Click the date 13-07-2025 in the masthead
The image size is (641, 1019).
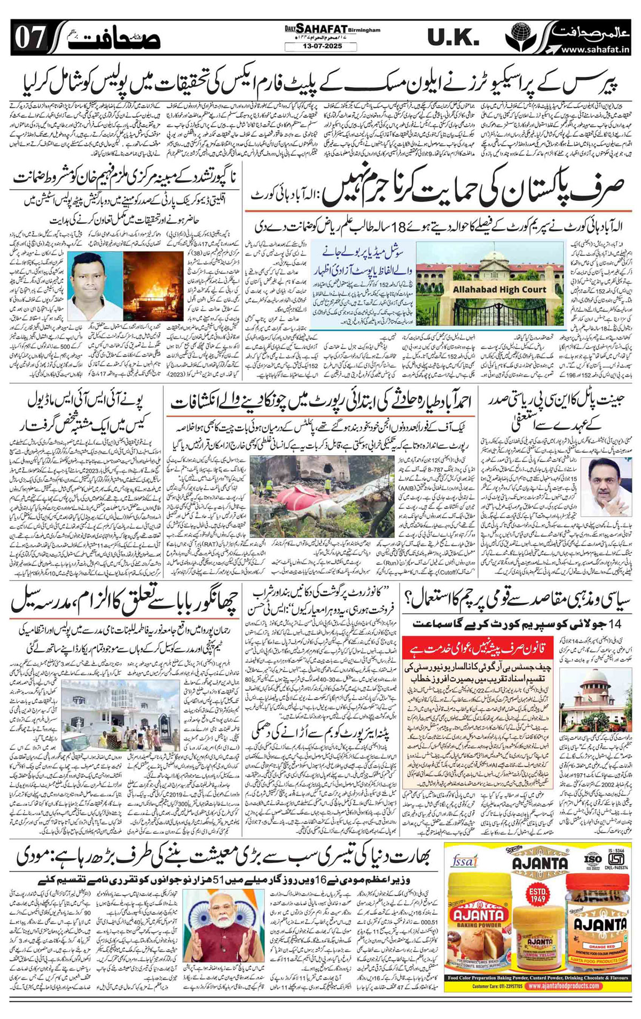tap(321, 48)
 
